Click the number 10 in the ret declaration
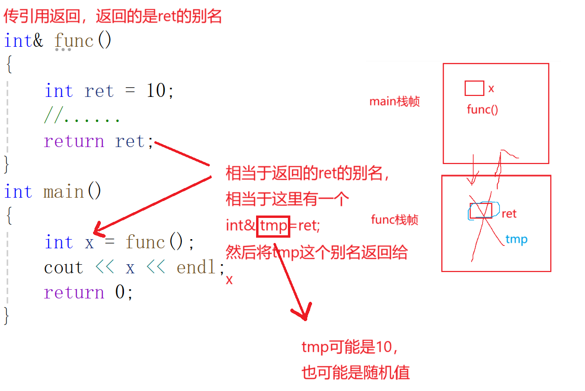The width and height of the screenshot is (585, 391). tap(156, 91)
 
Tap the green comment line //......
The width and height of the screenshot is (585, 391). tap(82, 116)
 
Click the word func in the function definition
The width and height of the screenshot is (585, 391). tap(74, 40)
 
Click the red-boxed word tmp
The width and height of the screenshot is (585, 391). tap(273, 225)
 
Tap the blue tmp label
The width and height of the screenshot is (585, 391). tap(516, 240)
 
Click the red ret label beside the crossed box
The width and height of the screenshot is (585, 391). tap(509, 214)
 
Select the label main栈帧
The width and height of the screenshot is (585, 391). tap(395, 102)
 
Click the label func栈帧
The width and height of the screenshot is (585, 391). tap(395, 220)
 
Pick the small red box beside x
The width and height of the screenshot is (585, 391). tap(474, 88)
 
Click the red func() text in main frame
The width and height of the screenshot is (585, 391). tap(482, 109)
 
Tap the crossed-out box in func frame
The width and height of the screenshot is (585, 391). tap(481, 211)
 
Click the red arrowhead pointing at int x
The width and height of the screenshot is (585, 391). tap(99, 229)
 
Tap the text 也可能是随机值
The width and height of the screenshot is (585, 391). tap(355, 373)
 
